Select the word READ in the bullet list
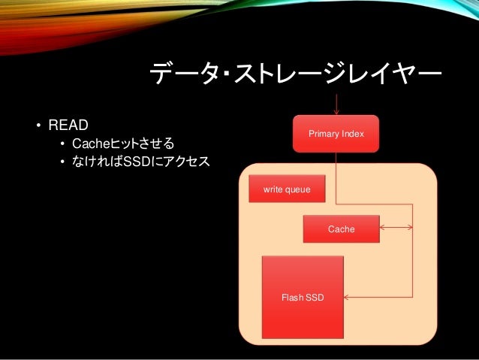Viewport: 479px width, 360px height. pos(69,123)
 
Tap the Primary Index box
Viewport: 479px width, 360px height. pos(336,134)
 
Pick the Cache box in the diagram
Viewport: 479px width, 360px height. pos(341,228)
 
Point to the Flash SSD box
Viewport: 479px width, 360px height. pos(303,297)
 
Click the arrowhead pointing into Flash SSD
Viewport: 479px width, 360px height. pos(348,298)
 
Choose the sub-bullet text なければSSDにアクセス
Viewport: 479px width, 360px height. pos(140,160)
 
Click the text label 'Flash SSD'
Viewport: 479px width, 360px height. pos(303,298)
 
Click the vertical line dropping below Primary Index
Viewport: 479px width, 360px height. pos(336,177)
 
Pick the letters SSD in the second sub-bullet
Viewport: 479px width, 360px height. pos(136,160)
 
